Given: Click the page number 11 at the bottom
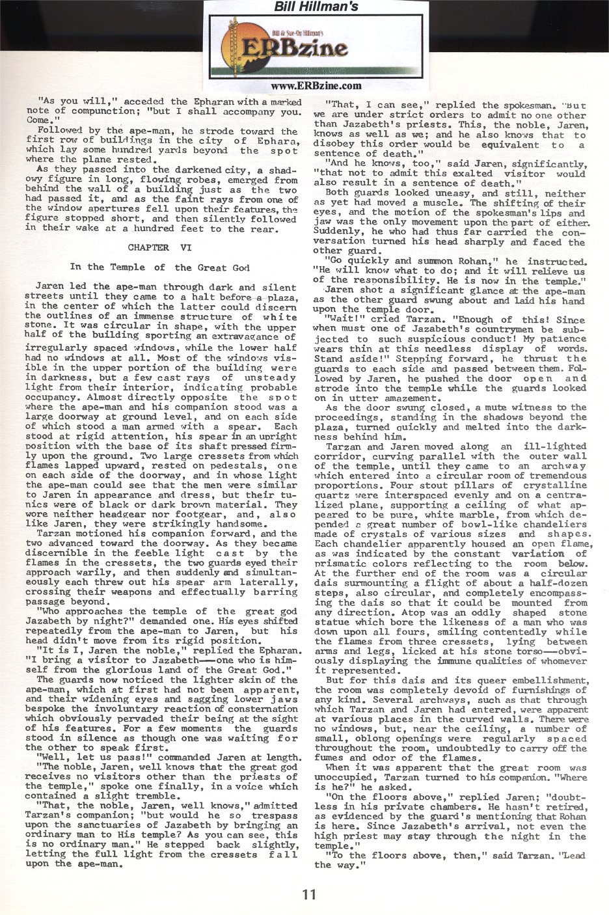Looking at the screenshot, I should (x=309, y=894).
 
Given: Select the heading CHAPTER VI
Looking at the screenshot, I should (x=159, y=247).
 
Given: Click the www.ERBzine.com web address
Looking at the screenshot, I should (x=316, y=85).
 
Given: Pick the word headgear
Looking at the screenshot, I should (x=107, y=514).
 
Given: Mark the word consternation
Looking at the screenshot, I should (x=257, y=709).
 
